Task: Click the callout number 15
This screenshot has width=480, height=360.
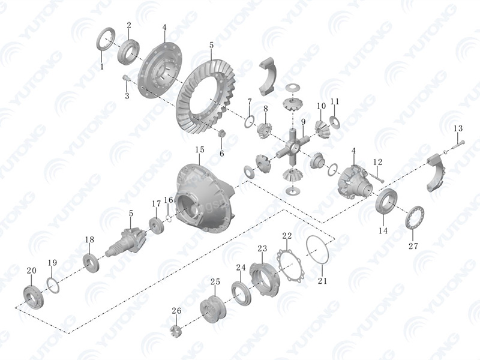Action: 200,149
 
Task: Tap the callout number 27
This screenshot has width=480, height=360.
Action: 413,246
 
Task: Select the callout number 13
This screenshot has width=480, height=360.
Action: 458,128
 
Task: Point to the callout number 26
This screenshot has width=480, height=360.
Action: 176,311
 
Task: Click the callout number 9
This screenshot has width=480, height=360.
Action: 303,122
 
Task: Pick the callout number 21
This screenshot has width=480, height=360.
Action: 322,280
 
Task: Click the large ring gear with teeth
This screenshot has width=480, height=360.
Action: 205,97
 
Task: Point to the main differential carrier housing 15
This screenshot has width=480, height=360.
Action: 205,199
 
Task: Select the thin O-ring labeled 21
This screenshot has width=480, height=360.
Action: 317,250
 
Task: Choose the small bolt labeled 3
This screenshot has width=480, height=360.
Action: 127,79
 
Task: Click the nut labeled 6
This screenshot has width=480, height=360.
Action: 221,133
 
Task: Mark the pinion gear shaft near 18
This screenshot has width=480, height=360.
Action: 125,242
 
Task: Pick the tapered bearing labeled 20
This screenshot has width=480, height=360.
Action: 34,296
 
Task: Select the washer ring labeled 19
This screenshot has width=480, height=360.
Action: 53,285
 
